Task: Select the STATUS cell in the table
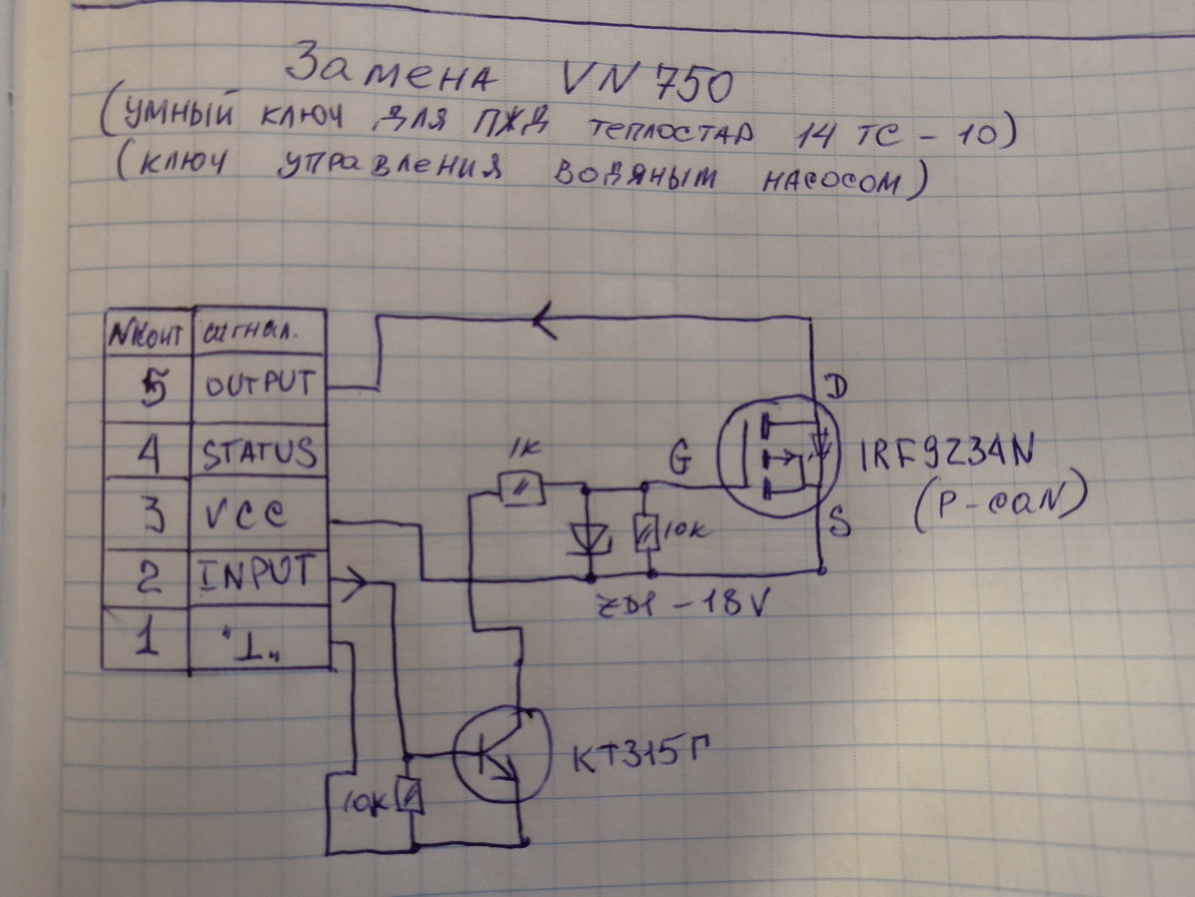coord(260,451)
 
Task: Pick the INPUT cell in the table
coord(260,576)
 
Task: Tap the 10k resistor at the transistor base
coord(408,795)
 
